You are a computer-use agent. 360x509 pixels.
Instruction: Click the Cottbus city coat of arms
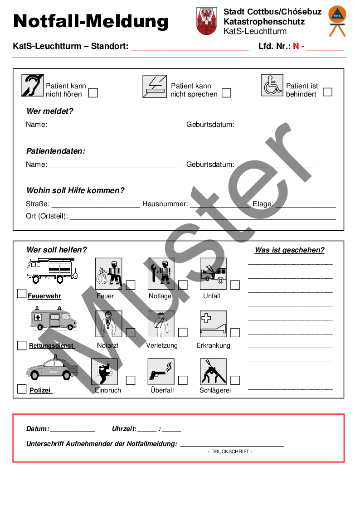click(206, 21)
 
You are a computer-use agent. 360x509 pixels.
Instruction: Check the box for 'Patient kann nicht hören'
click(93, 92)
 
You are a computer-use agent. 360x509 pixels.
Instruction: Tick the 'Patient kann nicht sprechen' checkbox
click(226, 92)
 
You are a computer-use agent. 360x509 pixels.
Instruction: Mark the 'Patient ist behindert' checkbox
click(327, 92)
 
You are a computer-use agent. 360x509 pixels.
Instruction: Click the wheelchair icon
click(272, 85)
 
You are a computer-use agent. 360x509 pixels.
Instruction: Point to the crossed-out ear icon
click(33, 85)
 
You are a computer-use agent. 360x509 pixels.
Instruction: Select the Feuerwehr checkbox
click(21, 293)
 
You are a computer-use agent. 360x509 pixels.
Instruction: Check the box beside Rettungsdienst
click(21, 345)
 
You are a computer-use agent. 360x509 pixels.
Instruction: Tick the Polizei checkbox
click(21, 389)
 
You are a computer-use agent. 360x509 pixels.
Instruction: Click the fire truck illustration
click(52, 271)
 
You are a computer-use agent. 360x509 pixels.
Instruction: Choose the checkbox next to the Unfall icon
click(235, 285)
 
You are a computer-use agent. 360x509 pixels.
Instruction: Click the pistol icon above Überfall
click(161, 372)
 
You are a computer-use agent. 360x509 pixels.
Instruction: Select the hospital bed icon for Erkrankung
click(213, 324)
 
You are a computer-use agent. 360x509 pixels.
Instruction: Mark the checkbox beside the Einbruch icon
click(131, 380)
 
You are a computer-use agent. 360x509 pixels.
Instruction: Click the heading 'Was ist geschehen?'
click(289, 250)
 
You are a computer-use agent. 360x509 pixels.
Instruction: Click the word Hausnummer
click(165, 204)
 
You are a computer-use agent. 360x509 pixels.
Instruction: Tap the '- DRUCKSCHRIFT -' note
click(230, 451)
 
